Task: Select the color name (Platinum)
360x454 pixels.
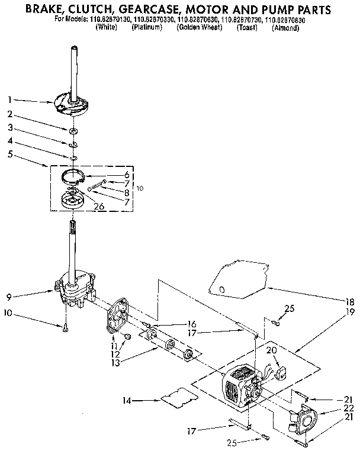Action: [x=146, y=28]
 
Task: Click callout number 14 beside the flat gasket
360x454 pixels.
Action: [x=126, y=401]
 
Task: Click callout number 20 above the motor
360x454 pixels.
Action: [x=271, y=351]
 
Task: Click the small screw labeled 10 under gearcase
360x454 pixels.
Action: [x=65, y=327]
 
